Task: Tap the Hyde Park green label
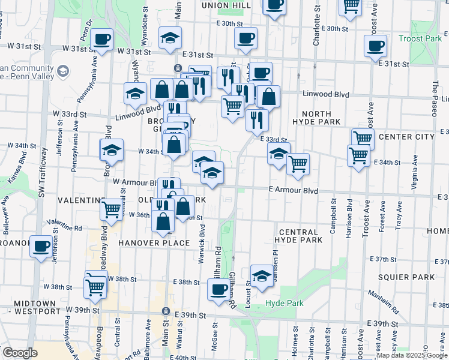pyautogui.click(x=285, y=304)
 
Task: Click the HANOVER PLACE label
pyautogui.click(x=154, y=243)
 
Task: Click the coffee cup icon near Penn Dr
pyautogui.click(x=101, y=39)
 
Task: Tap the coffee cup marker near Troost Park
pyautogui.click(x=375, y=46)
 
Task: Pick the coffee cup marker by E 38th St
pyautogui.click(x=218, y=290)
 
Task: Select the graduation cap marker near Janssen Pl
pyautogui.click(x=262, y=276)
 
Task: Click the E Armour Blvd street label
pyautogui.click(x=292, y=190)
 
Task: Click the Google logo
pyautogui.click(x=19, y=353)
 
